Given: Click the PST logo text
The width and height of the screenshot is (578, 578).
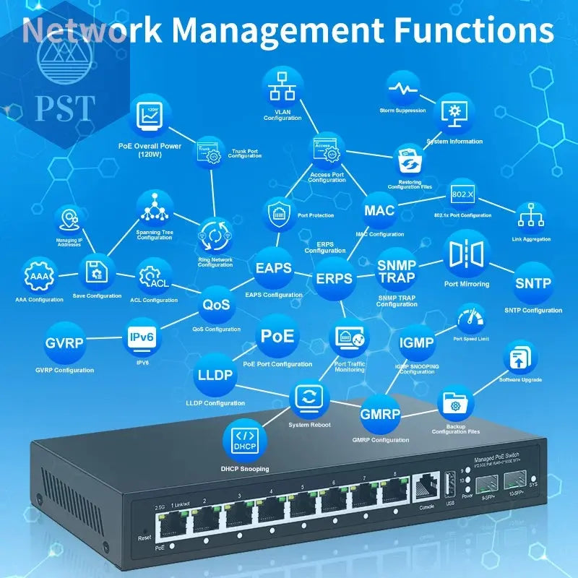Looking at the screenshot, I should tap(64, 107).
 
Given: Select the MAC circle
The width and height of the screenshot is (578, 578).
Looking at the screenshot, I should tap(379, 211).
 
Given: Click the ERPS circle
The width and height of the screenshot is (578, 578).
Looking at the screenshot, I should tap(334, 279).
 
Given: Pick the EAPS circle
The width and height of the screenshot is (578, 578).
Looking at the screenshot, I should tap(274, 268).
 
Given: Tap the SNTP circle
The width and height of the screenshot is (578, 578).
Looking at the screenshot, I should tap(533, 283).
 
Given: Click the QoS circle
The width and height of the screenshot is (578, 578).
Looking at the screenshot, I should tap(216, 304).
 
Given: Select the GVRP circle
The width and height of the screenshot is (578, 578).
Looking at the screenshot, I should tap(65, 344).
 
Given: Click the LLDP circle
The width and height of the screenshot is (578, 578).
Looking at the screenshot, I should tap(215, 375).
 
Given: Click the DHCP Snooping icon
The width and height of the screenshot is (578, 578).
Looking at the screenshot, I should tap(244, 440).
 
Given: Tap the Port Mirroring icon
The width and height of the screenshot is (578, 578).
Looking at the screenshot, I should tap(466, 254).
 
